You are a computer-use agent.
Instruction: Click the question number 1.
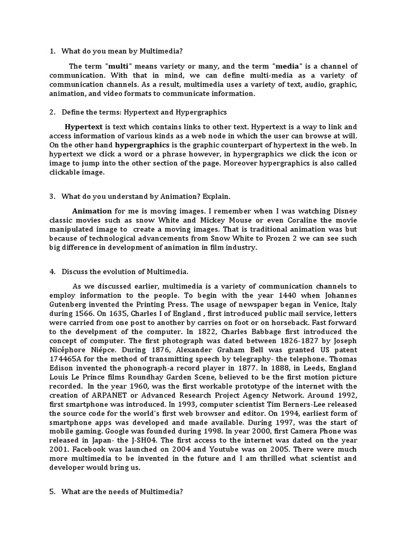coord(52,51)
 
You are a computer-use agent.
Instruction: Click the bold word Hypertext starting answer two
coord(84,127)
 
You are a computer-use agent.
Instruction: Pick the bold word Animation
coord(92,211)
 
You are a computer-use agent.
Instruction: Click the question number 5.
coord(52,492)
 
